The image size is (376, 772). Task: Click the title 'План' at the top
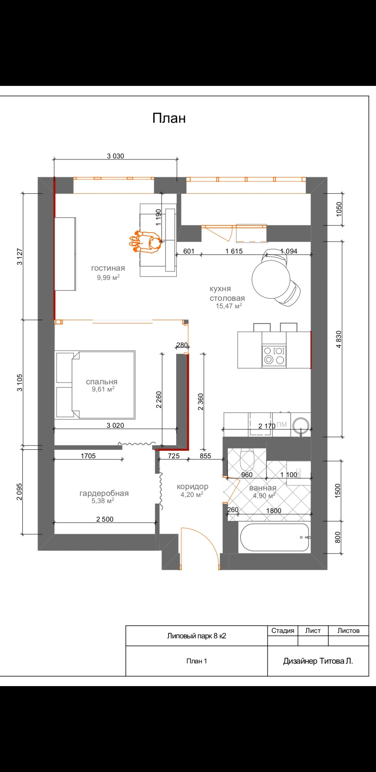(x=169, y=118)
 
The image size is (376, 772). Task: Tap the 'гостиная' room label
(x=108, y=268)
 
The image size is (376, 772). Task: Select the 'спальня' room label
(x=102, y=382)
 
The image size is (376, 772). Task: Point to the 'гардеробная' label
(x=104, y=493)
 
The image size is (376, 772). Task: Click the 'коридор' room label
(x=193, y=487)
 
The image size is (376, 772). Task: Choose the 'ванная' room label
(x=263, y=488)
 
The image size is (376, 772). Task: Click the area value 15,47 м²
(x=229, y=306)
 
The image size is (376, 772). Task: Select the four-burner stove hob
(x=274, y=355)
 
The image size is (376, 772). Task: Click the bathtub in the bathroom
(x=275, y=538)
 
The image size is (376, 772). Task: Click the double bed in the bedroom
(x=95, y=385)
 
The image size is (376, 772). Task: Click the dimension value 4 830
(x=339, y=339)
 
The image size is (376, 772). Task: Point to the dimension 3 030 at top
(x=116, y=156)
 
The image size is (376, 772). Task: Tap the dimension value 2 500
(x=105, y=519)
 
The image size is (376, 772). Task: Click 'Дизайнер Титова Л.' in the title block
(x=318, y=661)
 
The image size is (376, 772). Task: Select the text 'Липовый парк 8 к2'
(x=197, y=636)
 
